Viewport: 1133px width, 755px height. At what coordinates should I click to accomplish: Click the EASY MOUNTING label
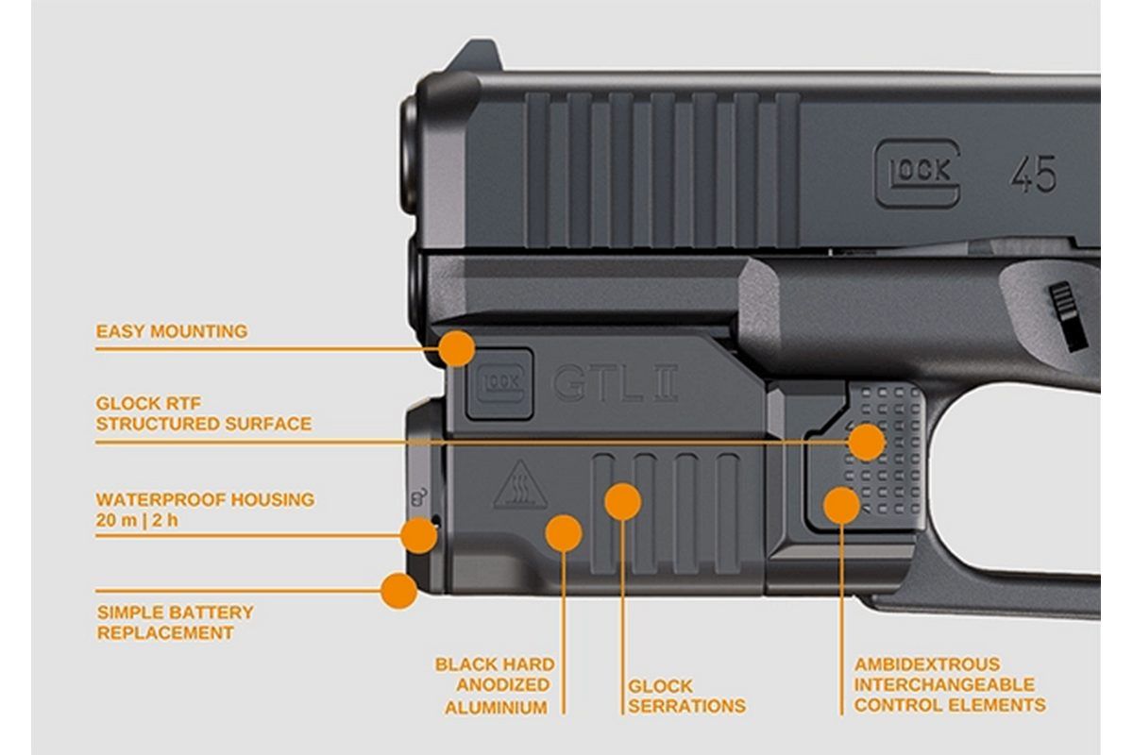point(171,331)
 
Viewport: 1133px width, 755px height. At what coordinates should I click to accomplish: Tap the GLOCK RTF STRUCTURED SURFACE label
point(203,413)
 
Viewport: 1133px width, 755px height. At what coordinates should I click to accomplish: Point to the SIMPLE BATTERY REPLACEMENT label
point(175,623)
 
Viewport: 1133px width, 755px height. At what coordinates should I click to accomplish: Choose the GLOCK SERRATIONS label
point(686,696)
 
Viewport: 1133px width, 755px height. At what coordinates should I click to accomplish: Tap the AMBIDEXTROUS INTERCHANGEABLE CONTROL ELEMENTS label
point(950,685)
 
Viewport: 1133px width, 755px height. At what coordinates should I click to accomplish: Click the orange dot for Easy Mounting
point(457,348)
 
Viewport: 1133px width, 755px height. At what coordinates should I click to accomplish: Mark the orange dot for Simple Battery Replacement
point(399,591)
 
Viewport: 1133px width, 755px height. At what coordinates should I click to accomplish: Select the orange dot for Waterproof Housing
point(419,535)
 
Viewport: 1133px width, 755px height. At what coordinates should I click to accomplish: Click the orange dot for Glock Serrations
point(622,501)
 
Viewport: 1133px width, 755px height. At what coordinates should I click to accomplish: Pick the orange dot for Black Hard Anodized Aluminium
point(564,533)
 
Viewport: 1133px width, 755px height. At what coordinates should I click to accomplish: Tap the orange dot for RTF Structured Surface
point(866,442)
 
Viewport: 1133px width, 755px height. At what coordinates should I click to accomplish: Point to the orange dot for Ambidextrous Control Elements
point(841,506)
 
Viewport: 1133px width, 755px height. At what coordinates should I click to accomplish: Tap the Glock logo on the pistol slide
point(917,173)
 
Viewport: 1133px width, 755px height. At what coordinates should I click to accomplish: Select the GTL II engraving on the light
point(614,384)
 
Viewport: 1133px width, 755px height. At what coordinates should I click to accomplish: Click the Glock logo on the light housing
point(501,386)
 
